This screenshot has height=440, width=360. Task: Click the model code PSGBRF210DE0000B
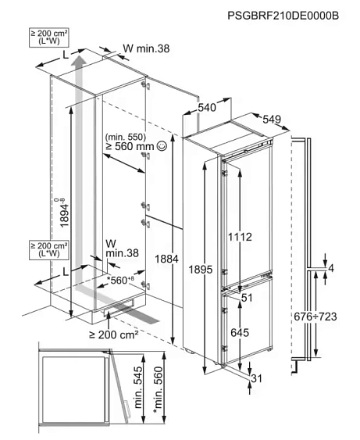(x=283, y=16)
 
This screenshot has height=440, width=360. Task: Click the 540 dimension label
(x=207, y=107)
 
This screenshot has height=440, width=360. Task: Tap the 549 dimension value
(x=272, y=120)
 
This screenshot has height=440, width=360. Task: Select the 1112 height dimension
(x=240, y=237)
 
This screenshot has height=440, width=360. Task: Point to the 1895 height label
(x=201, y=270)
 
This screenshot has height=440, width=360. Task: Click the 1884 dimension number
(x=167, y=259)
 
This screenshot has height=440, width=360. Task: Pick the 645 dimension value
(x=240, y=332)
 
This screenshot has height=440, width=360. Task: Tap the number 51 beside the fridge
(x=247, y=298)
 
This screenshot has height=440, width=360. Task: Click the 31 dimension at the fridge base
(x=256, y=378)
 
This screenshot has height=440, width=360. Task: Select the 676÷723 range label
(x=315, y=317)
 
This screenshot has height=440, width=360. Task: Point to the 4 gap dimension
(x=331, y=269)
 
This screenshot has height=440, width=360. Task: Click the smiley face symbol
(x=162, y=146)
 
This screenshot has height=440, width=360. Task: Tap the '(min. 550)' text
(x=125, y=137)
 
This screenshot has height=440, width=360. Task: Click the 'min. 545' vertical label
(x=138, y=387)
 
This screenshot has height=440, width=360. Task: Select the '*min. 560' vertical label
(x=158, y=390)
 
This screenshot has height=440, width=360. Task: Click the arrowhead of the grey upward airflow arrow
(x=80, y=59)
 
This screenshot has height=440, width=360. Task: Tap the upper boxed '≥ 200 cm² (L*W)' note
(x=48, y=38)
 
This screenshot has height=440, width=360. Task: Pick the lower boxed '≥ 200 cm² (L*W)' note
(x=48, y=250)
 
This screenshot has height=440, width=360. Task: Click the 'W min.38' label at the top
(x=146, y=48)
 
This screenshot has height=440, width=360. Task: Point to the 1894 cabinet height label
(x=62, y=213)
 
